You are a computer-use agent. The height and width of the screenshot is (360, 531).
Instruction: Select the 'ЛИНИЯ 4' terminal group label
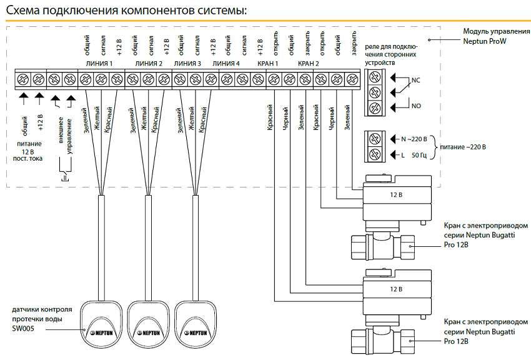[x=226, y=64]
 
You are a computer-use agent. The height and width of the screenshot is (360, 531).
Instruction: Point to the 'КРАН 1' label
[x=267, y=64]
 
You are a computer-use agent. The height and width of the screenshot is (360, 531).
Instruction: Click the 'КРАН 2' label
[x=309, y=64]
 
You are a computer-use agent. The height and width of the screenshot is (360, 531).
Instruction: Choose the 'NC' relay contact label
[x=416, y=80]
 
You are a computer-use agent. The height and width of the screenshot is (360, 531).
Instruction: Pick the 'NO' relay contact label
[x=416, y=106]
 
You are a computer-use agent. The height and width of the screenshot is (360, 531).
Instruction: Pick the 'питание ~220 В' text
[x=462, y=147]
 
